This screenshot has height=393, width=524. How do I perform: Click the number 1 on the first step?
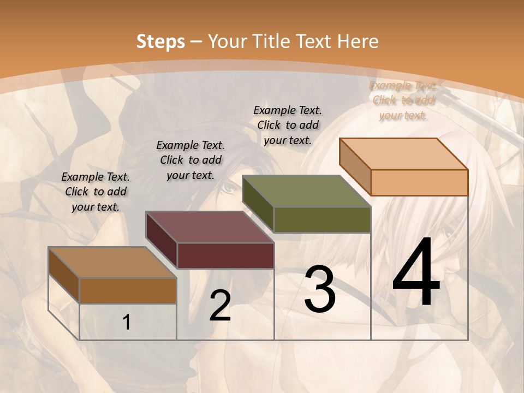(127, 323)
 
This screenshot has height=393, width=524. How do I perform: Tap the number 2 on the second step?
(220, 306)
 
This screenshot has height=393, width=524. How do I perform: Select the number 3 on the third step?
(320, 289)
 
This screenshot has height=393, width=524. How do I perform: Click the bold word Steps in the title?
(160, 41)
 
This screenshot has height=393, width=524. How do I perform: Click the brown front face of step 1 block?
(128, 290)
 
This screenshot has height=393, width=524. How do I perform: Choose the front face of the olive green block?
(322, 220)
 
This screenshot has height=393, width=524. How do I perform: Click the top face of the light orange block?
(404, 153)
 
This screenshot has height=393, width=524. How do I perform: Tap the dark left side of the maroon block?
(162, 240)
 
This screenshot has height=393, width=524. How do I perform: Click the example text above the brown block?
(96, 192)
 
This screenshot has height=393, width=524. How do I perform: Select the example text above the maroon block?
(190, 160)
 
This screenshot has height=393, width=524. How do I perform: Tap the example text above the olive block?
(288, 125)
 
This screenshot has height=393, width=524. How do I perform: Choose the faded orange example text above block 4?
(403, 100)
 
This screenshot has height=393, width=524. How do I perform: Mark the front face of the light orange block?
(419, 182)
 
